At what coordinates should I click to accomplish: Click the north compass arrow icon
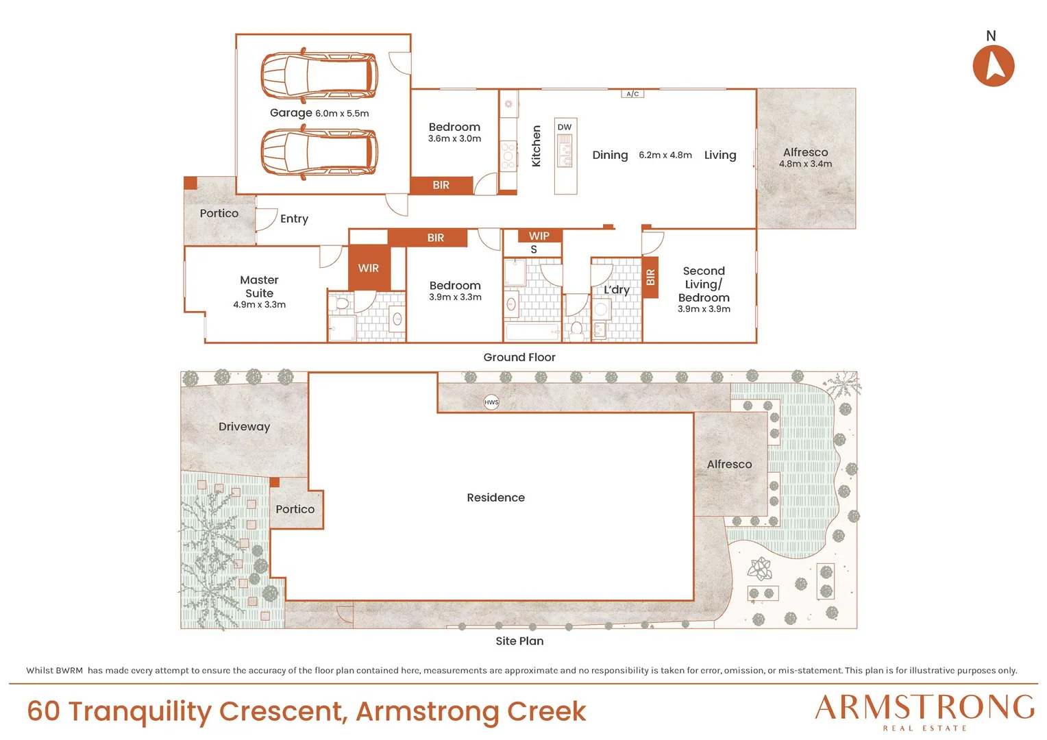point(994,66)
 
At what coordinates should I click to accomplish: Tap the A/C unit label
point(632,94)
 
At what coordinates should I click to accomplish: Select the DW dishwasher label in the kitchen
point(565,127)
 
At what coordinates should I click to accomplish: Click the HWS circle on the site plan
point(491,402)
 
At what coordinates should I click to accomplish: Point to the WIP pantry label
point(539,236)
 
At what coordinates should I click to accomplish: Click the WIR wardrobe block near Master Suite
point(369,268)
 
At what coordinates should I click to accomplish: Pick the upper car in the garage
point(319,75)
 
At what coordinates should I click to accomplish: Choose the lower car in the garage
point(319,152)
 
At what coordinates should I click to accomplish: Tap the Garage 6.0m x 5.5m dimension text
point(319,112)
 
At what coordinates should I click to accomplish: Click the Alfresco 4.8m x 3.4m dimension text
point(805,164)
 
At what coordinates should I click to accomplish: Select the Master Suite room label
point(260,286)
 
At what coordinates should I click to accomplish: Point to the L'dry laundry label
point(617,290)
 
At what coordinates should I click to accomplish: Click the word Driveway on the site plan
point(245,427)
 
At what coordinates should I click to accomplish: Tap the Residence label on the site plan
point(496,497)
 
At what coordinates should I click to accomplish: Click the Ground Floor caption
point(519,357)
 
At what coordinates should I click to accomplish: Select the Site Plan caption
point(520,641)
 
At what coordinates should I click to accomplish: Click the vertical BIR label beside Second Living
point(650,277)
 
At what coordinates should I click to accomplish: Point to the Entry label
point(294,219)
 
